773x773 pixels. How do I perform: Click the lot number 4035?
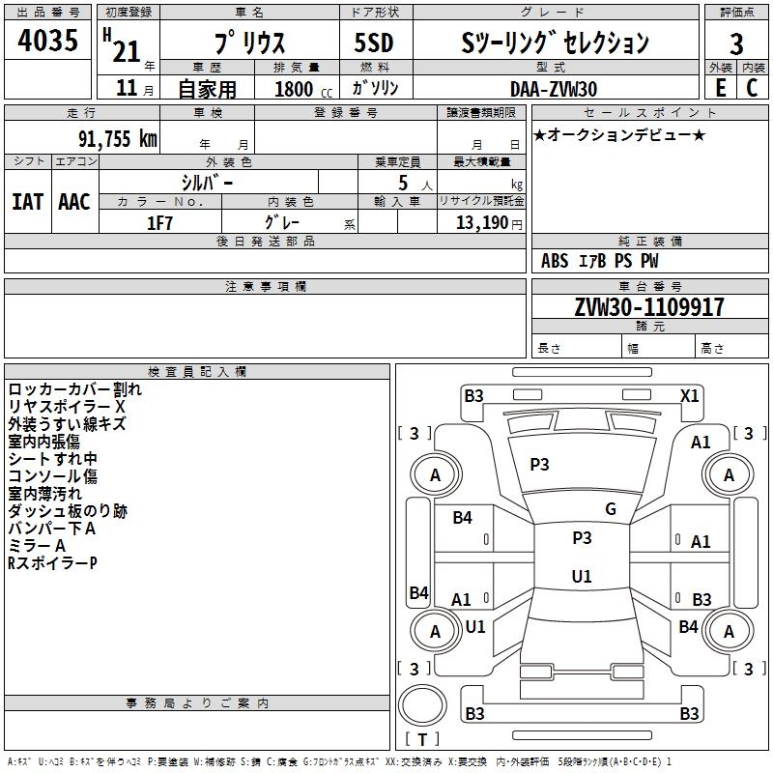pos(47,40)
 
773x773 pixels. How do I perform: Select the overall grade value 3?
pos(736,43)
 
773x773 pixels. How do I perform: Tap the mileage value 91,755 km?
pos(117,138)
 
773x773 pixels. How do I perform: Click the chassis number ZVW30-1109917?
pos(649,306)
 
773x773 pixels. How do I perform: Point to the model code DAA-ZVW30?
pos(554,89)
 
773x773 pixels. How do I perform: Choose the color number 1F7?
pos(159,223)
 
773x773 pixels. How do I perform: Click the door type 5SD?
pos(374,43)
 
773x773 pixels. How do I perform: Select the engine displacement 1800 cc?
pos(303,89)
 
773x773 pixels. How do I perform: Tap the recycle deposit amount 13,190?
pos(481,222)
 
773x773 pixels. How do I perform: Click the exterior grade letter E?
pos(720,88)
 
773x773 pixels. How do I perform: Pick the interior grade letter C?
pos(752,88)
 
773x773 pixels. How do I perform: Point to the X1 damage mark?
pos(689,396)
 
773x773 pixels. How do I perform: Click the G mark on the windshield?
pos(611,509)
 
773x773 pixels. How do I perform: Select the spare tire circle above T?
pos(422,705)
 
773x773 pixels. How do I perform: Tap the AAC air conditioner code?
pos(74,202)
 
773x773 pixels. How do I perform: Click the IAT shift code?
pos(28,202)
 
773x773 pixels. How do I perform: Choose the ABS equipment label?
pos(555,261)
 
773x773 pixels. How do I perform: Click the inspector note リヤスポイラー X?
pos(67,406)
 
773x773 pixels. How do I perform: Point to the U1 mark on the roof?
pos(582,576)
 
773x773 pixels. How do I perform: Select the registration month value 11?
pos(127,88)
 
